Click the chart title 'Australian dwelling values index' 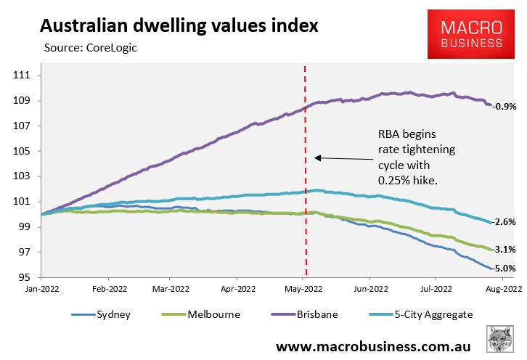tap(179, 26)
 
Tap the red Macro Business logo tap(472, 34)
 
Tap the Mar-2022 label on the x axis tap(169, 288)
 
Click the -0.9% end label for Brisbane tap(504, 107)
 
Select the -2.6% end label tap(504, 222)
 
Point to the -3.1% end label tap(504, 250)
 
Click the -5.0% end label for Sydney tap(504, 269)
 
